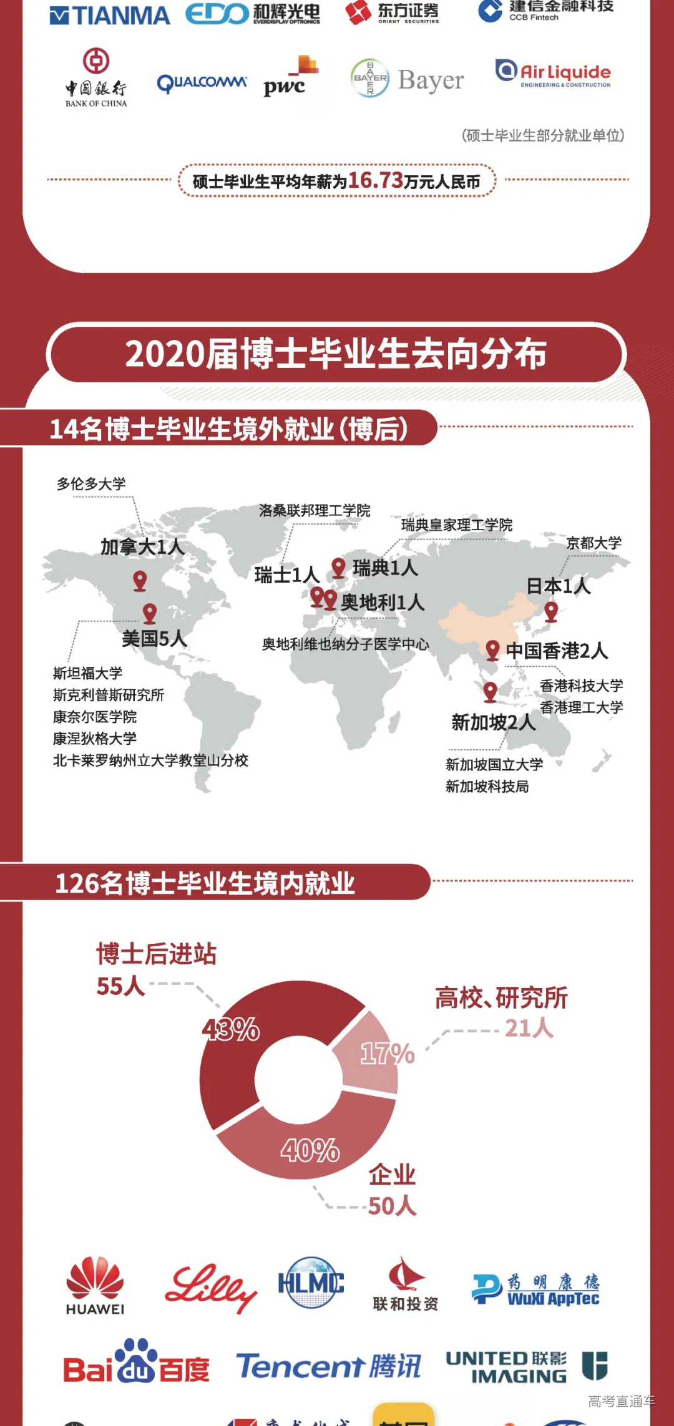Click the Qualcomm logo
point(202,83)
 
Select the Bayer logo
point(407,79)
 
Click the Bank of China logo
point(96,78)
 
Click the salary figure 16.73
point(376,180)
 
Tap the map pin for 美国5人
point(150,613)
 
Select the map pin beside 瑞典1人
point(338,567)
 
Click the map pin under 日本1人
point(551,611)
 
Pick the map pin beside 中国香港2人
point(492,649)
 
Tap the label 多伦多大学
point(91,484)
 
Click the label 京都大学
point(593,543)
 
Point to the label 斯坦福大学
point(87,673)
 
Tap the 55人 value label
point(120,986)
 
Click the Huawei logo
point(95,1285)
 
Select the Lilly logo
point(210,1286)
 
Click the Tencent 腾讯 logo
point(328,1366)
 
